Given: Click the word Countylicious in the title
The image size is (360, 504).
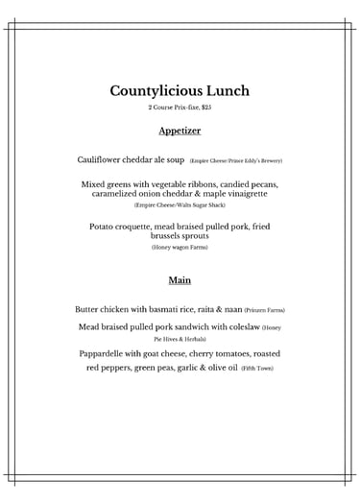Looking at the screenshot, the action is tap(155, 92).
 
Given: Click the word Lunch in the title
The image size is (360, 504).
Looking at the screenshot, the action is tap(227, 92).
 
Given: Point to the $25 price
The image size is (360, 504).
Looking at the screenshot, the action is tap(205, 108).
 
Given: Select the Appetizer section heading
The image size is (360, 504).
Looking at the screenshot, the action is tap(180, 130).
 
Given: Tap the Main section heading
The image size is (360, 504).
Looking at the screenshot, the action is tap(180, 280).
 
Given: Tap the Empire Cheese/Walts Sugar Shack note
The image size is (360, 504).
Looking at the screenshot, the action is tap(180, 205).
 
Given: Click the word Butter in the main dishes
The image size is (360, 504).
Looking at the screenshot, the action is tap(89, 310).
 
